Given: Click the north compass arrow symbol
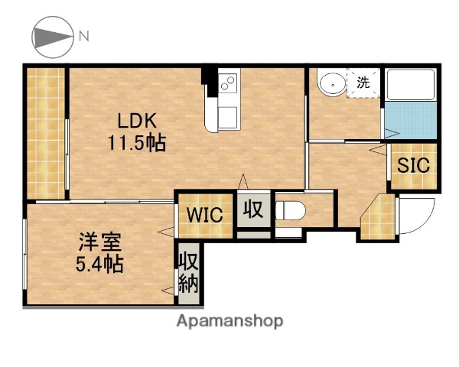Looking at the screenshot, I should click(51, 36).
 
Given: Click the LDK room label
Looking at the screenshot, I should click(137, 121).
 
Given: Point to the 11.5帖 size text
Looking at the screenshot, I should click(137, 142).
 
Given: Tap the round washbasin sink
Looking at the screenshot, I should click(331, 83).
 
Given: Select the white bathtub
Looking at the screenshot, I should click(411, 88).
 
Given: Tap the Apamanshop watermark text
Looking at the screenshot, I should click(229, 320).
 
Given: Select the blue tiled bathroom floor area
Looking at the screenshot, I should click(411, 121).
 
